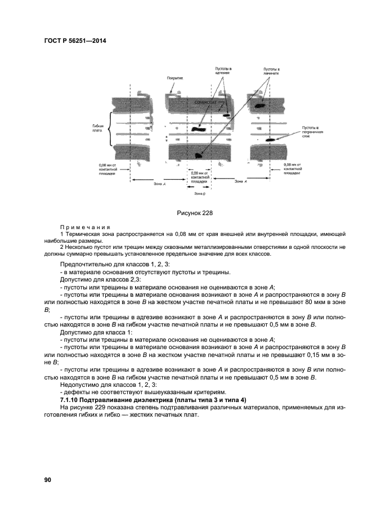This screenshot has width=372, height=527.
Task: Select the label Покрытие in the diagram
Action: click(175, 78)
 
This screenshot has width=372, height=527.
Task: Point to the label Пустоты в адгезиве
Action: click(223, 71)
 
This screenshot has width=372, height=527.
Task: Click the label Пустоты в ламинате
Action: click(271, 71)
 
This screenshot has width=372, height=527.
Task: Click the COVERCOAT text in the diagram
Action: click(205, 102)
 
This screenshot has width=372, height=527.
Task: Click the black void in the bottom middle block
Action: click(198, 153)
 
